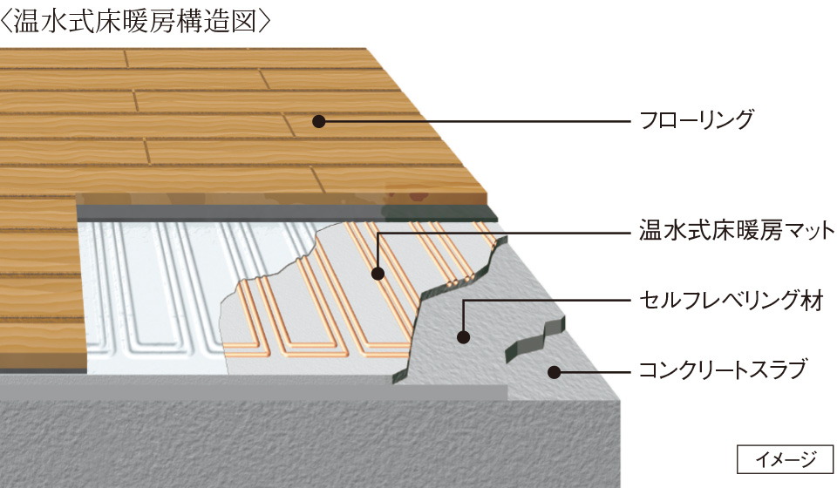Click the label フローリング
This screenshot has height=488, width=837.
694,120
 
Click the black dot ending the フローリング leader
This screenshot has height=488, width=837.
319,121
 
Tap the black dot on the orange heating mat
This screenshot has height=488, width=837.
378,274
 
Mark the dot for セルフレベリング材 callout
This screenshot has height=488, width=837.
463,336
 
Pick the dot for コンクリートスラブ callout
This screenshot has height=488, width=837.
553,372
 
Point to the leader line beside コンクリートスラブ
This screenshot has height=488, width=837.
593,372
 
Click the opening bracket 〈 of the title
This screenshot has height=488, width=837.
8,21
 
